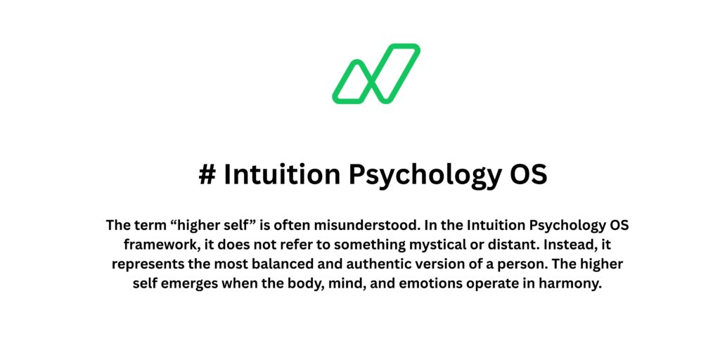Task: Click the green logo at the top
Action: pos(375,74)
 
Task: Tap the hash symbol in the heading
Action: pos(207,175)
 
